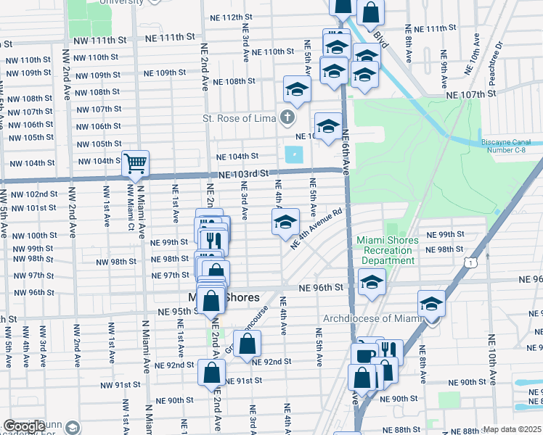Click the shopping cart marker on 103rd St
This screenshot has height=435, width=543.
[135, 165]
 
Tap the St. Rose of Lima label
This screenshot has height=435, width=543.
[238, 118]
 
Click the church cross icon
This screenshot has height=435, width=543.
[288, 117]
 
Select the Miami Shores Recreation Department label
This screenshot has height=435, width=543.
[388, 250]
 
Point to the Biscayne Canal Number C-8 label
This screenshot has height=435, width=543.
[509, 148]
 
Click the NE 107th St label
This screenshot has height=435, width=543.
[470, 95]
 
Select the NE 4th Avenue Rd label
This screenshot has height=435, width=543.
[316, 231]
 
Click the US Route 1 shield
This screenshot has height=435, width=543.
[473, 262]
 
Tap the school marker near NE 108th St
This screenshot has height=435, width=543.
[296, 90]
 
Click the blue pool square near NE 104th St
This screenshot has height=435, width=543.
[294, 155]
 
